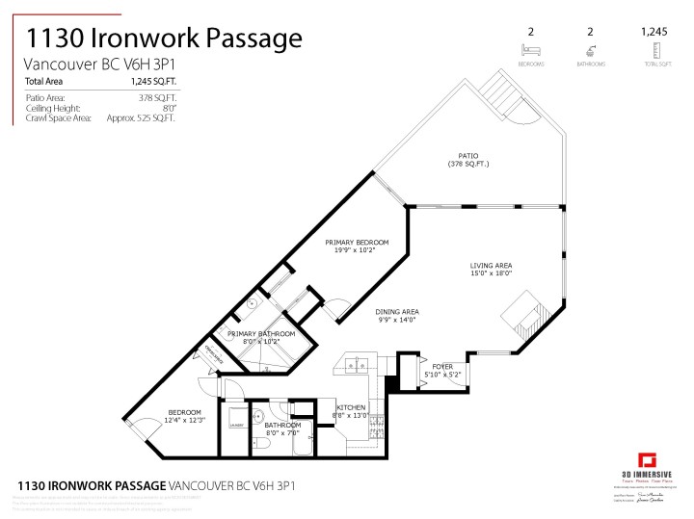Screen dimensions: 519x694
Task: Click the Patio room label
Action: pos(467,156)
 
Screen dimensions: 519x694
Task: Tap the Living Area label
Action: pos(491,266)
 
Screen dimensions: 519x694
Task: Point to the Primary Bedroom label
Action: pos(357,242)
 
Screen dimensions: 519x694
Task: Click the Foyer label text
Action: pos(442,366)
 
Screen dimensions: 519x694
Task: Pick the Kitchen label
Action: pos(350,408)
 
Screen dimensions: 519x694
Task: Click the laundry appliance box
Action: pos(235,425)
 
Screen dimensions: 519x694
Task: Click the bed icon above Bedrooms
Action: pos(530,50)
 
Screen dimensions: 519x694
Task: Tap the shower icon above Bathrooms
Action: pos(590,50)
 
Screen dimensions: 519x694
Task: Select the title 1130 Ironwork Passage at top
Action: pos(163,39)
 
